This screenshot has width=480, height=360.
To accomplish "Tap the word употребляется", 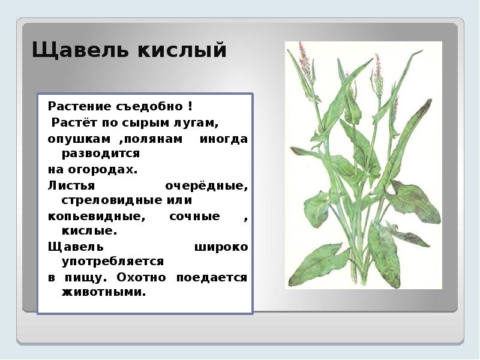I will [112, 262].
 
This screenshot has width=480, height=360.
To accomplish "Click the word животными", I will [103, 293].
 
